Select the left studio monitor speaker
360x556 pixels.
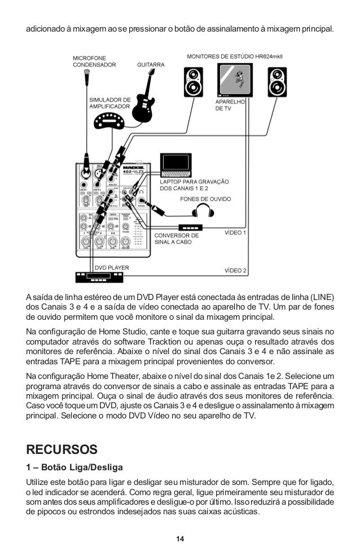(193, 82)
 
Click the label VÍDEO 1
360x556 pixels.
(236, 232)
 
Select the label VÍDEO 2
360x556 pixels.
(236, 270)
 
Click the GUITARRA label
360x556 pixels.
(151, 65)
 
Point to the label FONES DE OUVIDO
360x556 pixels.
(205, 199)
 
